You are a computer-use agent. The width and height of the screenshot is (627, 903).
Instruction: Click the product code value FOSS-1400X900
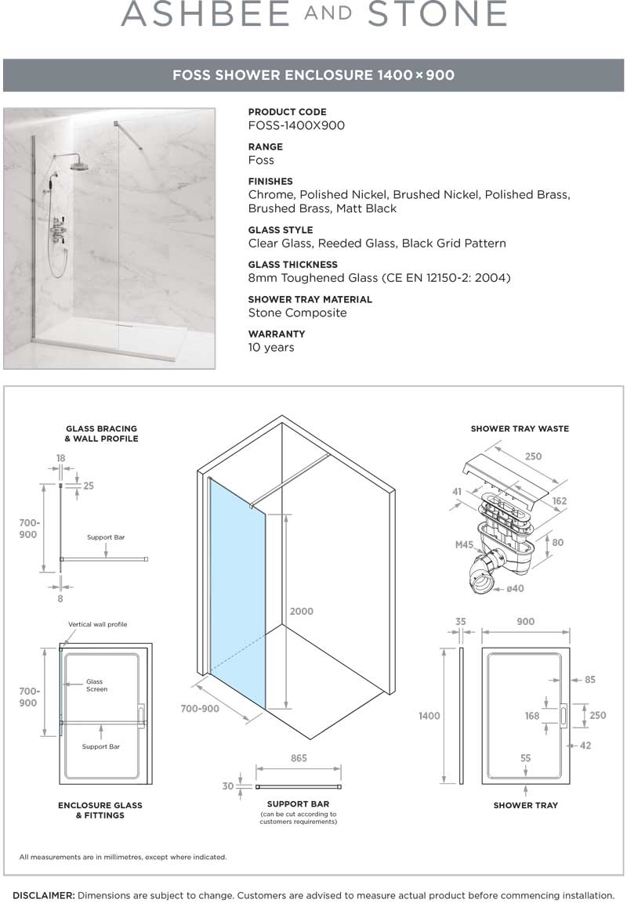point(296,125)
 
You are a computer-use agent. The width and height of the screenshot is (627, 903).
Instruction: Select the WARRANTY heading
point(277,334)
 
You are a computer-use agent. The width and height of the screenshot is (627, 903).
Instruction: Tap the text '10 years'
point(271,347)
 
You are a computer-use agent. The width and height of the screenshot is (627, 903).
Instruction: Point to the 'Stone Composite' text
point(297,312)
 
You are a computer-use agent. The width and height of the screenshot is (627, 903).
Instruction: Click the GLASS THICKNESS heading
point(292,265)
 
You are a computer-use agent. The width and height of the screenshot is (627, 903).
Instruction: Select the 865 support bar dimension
point(298,758)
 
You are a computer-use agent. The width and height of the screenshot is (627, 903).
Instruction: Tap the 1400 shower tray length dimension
point(429,716)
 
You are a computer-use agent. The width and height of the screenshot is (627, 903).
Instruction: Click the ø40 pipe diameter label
point(514,588)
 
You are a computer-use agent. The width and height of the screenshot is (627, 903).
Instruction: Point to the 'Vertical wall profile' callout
point(97,624)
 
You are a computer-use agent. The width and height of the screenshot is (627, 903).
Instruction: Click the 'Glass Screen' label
point(96,685)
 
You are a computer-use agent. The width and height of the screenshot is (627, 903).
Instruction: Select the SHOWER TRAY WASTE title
point(520,428)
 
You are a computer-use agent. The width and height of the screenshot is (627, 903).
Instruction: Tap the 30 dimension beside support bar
point(227,786)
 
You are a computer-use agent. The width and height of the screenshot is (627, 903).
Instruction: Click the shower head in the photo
point(79,165)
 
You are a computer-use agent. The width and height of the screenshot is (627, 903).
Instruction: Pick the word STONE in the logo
point(437,15)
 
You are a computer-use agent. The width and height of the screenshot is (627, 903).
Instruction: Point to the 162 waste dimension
point(559,500)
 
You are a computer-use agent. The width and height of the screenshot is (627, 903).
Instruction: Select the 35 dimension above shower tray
point(461,622)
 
